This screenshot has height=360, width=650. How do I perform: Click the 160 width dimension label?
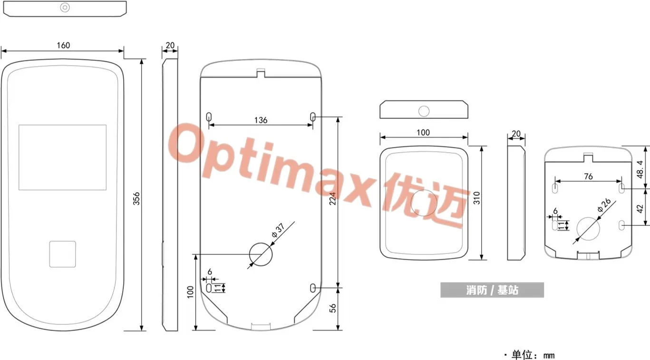pyautogui.click(x=63, y=45)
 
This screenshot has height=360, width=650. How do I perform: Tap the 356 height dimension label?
pyautogui.click(x=136, y=199)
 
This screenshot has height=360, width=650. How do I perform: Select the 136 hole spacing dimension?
pyautogui.click(x=261, y=120)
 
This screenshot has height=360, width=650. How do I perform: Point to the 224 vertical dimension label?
pyautogui.click(x=332, y=199)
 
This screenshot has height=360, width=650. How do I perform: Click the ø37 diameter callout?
pyautogui.click(x=278, y=230)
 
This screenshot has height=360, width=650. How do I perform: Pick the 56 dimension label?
pyautogui.click(x=333, y=308)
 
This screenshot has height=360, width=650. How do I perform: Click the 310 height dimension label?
pyautogui.click(x=477, y=198)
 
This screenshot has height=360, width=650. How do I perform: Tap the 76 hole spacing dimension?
pyautogui.click(x=588, y=176)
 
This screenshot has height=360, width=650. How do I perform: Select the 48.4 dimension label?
pyautogui.click(x=640, y=170)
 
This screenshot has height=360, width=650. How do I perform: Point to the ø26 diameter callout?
pyautogui.click(x=604, y=205)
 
